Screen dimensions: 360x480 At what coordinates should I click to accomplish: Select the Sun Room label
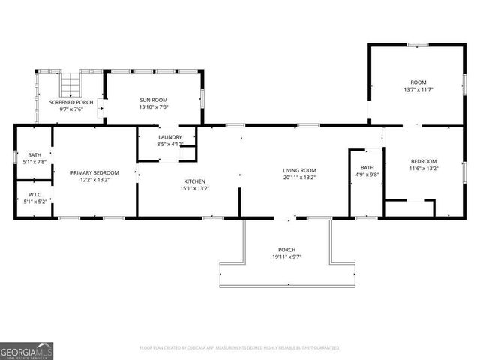coord(153,100)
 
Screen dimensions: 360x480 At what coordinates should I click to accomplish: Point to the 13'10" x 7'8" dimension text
coord(153,107)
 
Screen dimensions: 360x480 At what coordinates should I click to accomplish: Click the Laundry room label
coord(169,137)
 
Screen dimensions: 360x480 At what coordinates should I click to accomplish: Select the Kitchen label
coord(195,181)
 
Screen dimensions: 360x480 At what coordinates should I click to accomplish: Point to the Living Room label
coord(299,170)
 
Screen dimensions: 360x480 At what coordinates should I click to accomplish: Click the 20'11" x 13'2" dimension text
coord(299,178)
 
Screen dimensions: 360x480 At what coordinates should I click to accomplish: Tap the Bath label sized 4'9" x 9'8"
coord(367,167)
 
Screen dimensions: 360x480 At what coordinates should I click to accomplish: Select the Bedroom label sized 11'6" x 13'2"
coord(424,162)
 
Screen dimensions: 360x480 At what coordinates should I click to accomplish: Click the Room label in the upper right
coord(418,82)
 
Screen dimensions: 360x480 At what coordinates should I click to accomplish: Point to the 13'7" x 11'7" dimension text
coord(418,89)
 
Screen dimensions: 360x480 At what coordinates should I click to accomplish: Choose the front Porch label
coord(286,250)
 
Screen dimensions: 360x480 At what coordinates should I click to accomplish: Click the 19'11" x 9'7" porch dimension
coord(286,257)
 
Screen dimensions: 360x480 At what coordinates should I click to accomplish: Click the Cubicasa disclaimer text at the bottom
coord(240,348)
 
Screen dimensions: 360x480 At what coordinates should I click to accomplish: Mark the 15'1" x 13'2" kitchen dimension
coord(195,189)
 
